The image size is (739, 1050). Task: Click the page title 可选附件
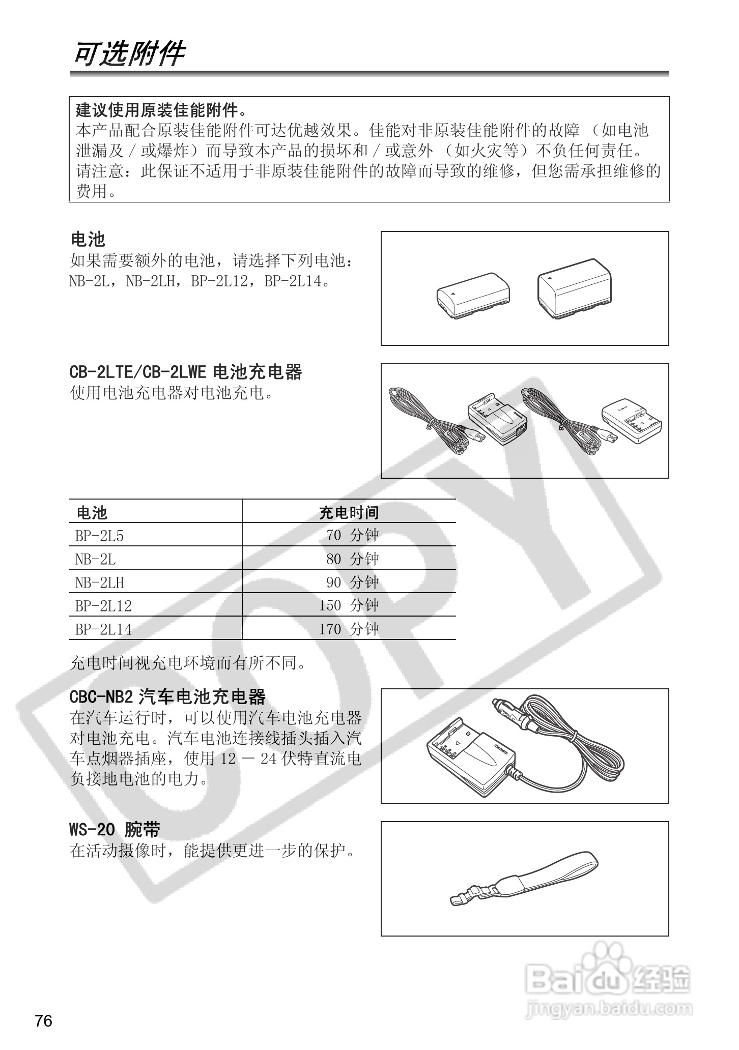pos(129,54)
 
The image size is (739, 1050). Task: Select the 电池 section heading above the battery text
pos(88,239)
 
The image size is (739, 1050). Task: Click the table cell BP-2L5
pos(100,536)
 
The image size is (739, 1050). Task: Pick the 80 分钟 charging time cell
pos(352,559)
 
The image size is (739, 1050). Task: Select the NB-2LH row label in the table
pos(100,582)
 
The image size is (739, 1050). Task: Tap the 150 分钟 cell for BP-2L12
pos(349,606)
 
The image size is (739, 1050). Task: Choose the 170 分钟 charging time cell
pos(349,629)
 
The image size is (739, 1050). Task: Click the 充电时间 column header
pos(349,512)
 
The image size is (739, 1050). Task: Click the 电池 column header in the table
pos(92,512)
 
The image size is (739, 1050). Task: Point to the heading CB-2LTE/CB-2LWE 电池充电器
pos(186,372)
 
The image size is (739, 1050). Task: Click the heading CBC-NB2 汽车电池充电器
pos(167,696)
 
